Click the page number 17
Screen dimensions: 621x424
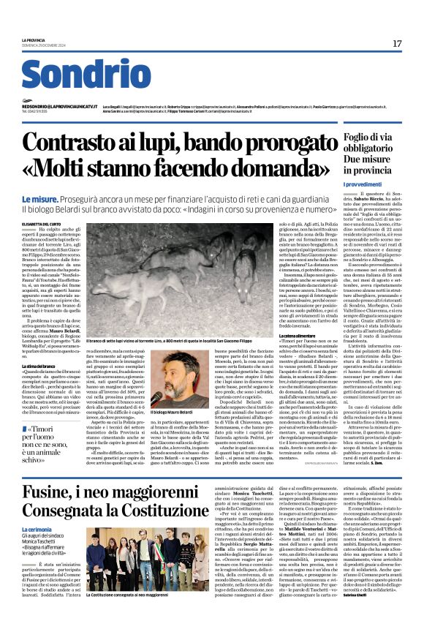[x=397, y=44]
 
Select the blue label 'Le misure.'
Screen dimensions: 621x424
[x=42, y=198]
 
